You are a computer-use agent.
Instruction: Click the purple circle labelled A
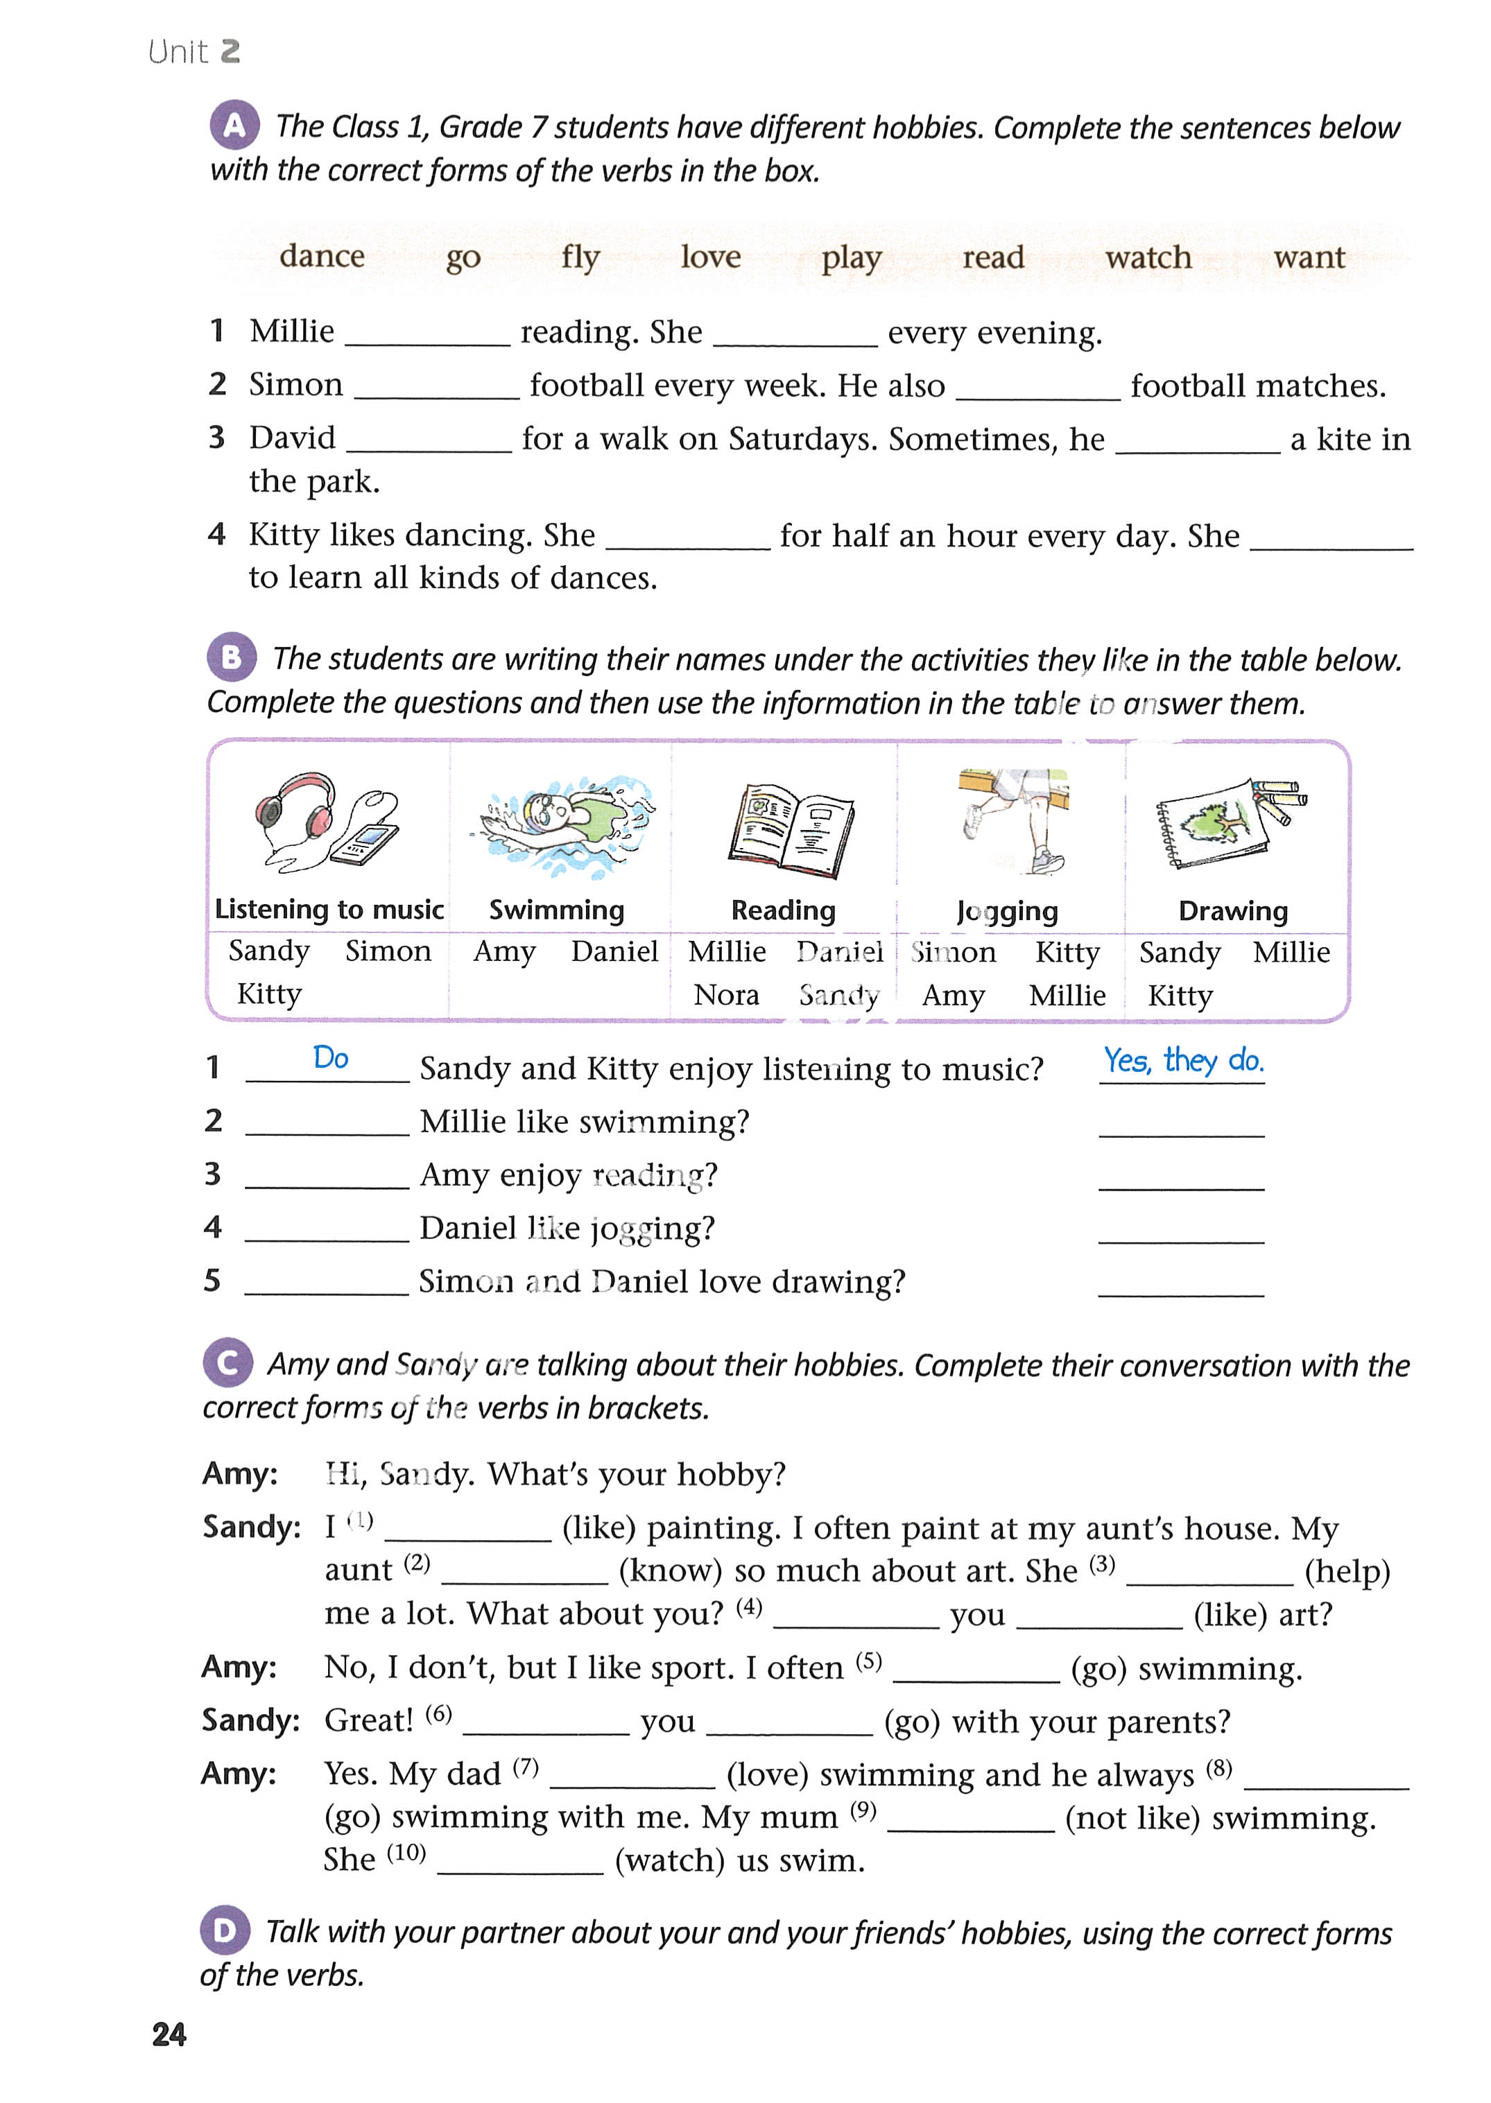(x=234, y=125)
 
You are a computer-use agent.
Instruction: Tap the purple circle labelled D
(x=225, y=1930)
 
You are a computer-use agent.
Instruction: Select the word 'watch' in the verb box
(x=1148, y=258)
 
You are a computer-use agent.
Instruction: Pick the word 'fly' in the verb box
(x=580, y=258)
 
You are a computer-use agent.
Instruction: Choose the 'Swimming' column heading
(x=556, y=910)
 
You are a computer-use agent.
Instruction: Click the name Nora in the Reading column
(x=726, y=995)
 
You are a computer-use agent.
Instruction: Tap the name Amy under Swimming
(x=504, y=952)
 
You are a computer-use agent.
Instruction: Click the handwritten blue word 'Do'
(x=331, y=1058)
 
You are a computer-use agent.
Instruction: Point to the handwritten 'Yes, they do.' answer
(x=1182, y=1061)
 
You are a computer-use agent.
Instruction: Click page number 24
(x=169, y=2034)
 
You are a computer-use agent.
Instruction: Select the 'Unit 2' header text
(x=193, y=51)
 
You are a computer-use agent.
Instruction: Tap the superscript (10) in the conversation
(x=406, y=1853)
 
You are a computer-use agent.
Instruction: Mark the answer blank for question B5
(x=1181, y=1283)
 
